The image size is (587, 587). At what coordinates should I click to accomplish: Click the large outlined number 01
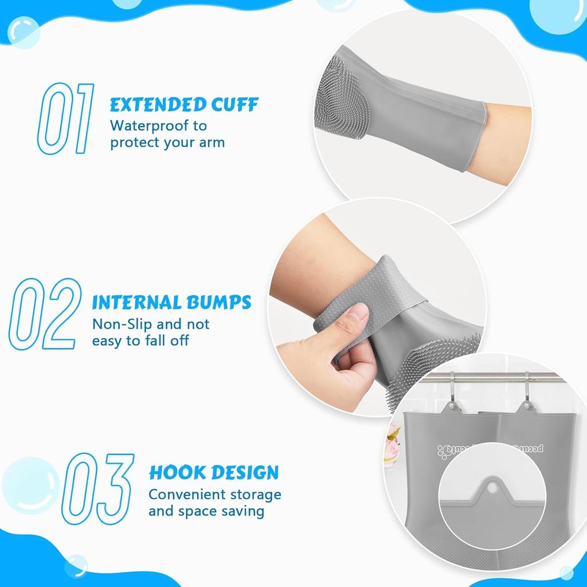pos(65,119)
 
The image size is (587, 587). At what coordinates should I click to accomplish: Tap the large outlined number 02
pos(45,314)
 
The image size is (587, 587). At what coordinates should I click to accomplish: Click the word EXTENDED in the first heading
pos(157,105)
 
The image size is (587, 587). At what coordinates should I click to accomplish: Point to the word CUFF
pos(234,105)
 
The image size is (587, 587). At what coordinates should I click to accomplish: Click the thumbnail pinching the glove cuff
pos(359,314)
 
